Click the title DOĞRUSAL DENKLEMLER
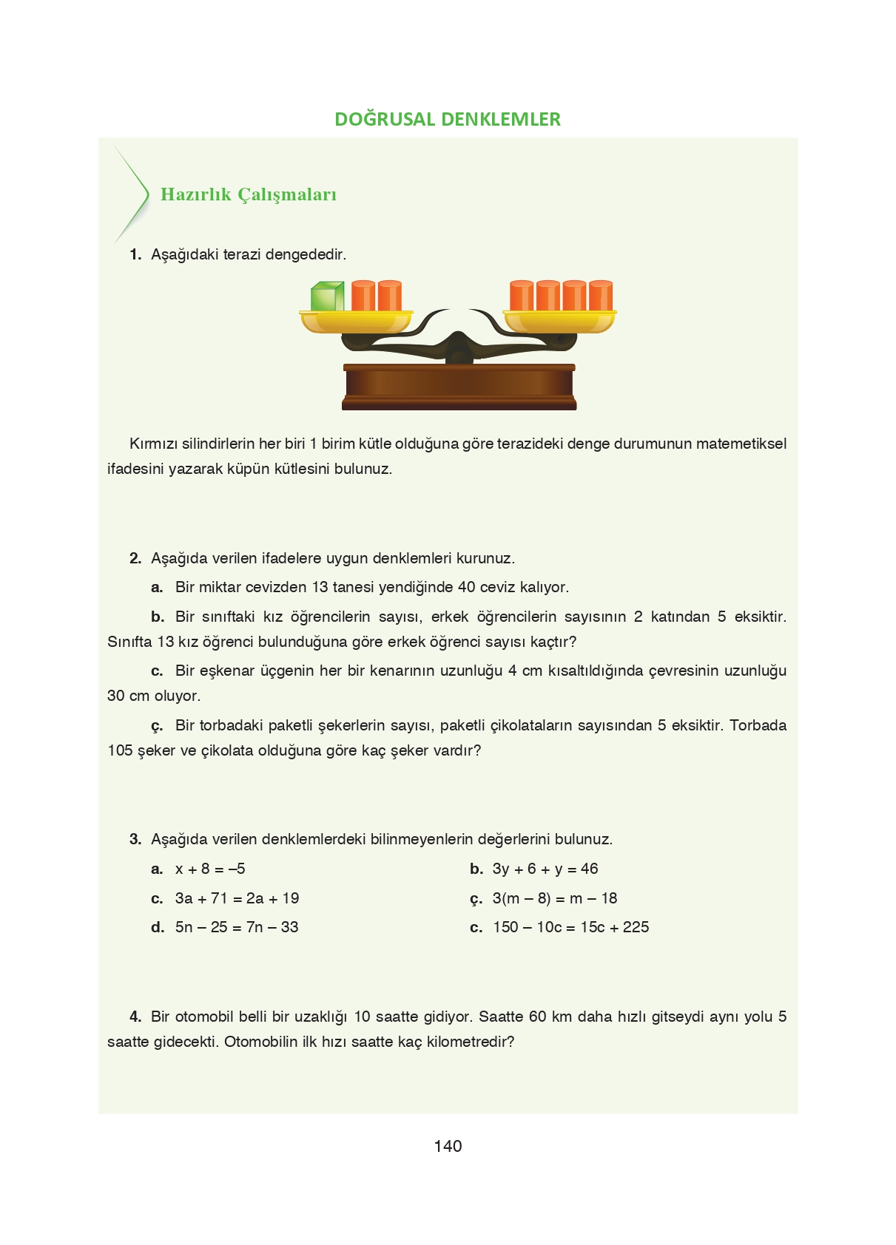pyautogui.click(x=448, y=119)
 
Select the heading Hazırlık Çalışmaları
pyautogui.click(x=249, y=194)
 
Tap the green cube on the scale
pyautogui.click(x=327, y=296)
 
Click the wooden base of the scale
pyautogui.click(x=459, y=387)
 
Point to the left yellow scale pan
pyautogui.click(x=356, y=322)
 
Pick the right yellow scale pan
pyautogui.click(x=560, y=322)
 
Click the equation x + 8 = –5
pyautogui.click(x=210, y=869)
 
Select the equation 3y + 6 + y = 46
pyautogui.click(x=545, y=869)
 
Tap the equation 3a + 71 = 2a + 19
pyautogui.click(x=237, y=898)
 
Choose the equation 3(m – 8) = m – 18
pyautogui.click(x=555, y=898)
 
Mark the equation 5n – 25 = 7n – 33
pyautogui.click(x=237, y=927)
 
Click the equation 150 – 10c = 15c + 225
pyautogui.click(x=571, y=927)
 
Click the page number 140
pyautogui.click(x=448, y=1146)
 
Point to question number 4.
pyautogui.click(x=135, y=1017)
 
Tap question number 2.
pyautogui.click(x=135, y=558)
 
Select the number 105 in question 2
pyautogui.click(x=120, y=750)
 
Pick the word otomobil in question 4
pyautogui.click(x=203, y=1017)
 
